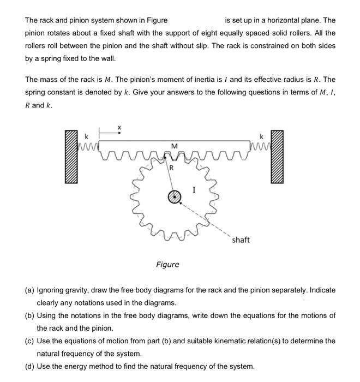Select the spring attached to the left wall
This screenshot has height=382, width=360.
pyautogui.click(x=87, y=146)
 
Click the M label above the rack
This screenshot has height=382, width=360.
pyautogui.click(x=174, y=146)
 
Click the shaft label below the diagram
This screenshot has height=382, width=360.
pyautogui.click(x=241, y=240)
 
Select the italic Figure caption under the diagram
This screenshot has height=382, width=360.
pyautogui.click(x=167, y=264)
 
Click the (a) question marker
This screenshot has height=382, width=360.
pyautogui.click(x=30, y=290)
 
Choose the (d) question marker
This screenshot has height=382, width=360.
pyautogui.click(x=30, y=366)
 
